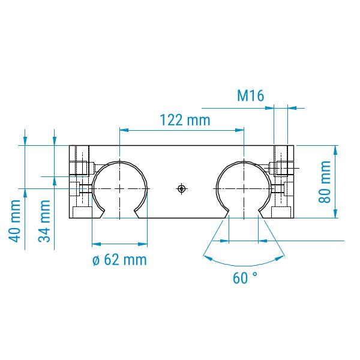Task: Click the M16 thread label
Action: [x=250, y=96]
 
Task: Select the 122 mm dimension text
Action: [x=185, y=120]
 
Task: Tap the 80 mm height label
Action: [x=325, y=182]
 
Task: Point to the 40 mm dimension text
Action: [x=14, y=221]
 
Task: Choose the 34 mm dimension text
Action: [x=44, y=221]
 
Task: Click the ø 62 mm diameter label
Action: [x=119, y=260]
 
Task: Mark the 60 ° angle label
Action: [x=245, y=278]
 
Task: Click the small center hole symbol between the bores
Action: [x=182, y=189]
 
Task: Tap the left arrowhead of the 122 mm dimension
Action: [x=124, y=130]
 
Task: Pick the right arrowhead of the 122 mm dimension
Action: [x=239, y=130]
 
